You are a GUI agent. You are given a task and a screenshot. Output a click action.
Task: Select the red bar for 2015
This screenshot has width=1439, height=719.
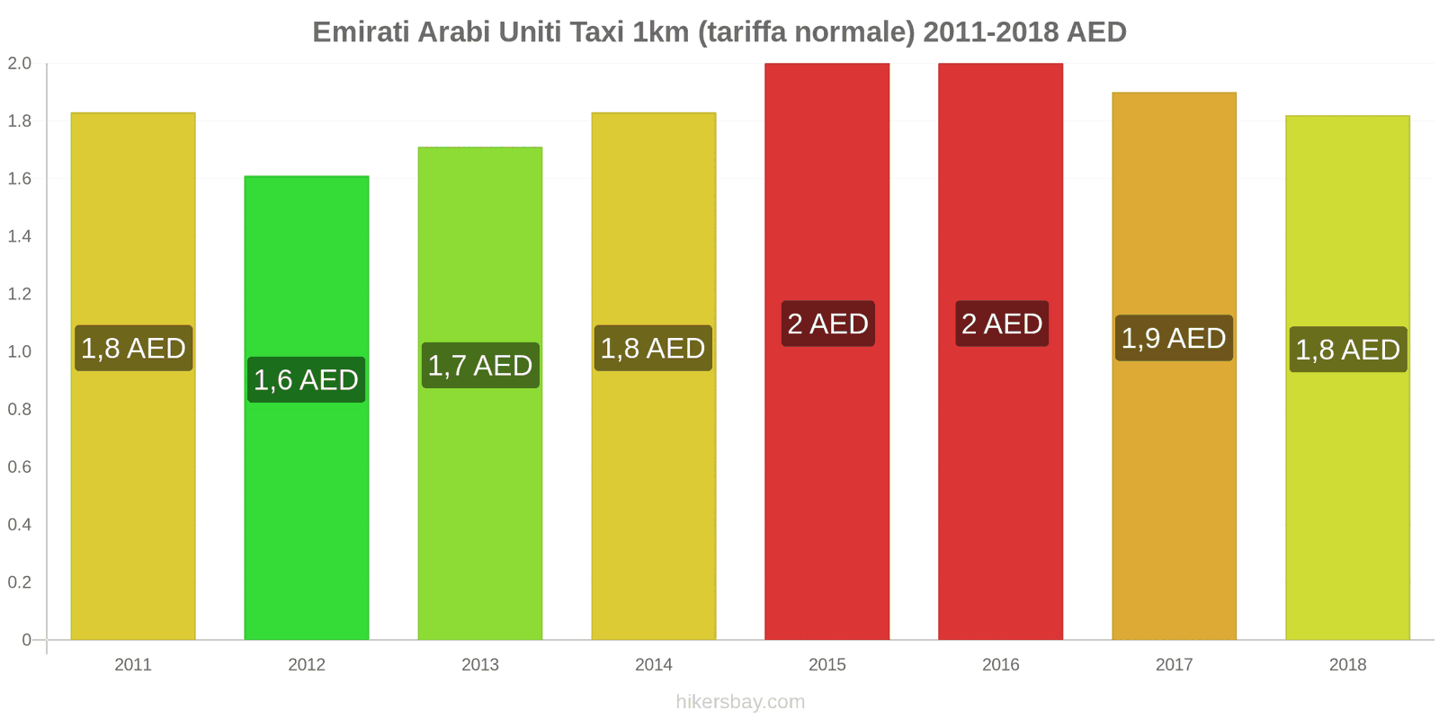tap(827, 494)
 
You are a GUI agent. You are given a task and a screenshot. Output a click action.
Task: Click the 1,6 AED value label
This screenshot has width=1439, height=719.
tap(307, 379)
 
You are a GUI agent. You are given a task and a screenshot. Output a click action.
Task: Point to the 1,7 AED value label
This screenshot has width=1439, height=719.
tap(480, 365)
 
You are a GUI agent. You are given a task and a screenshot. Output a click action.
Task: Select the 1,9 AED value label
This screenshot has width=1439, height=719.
tap(1174, 338)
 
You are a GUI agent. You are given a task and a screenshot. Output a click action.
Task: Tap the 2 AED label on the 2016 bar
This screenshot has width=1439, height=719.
tap(1001, 324)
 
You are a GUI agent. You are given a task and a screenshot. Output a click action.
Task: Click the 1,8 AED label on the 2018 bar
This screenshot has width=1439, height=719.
tap(1347, 349)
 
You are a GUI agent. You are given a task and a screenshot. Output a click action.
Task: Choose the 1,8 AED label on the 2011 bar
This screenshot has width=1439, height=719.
tap(133, 348)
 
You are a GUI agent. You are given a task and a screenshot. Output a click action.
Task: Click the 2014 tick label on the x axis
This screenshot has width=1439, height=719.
tap(653, 664)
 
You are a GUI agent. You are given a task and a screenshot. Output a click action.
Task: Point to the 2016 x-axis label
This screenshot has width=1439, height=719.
tap(1000, 664)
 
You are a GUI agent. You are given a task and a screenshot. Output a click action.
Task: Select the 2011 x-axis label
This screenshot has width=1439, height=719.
tap(133, 664)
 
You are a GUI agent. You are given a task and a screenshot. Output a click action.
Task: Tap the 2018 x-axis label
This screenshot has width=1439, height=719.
tap(1347, 664)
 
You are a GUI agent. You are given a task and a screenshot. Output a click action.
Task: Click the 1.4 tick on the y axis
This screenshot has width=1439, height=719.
tap(20, 236)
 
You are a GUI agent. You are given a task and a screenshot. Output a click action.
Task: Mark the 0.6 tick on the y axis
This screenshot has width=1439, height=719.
tap(20, 466)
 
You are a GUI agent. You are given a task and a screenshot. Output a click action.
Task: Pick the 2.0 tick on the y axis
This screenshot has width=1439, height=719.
tap(20, 64)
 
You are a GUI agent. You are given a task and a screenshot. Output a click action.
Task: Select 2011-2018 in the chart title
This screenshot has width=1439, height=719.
tap(990, 31)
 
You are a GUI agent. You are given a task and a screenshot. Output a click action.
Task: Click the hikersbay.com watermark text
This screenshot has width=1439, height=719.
tap(740, 701)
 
